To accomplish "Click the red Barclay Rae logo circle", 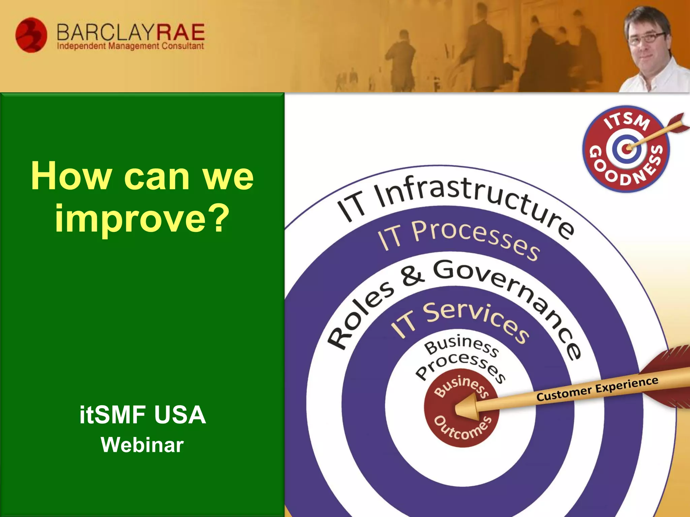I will (31, 35).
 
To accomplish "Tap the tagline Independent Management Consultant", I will (130, 46).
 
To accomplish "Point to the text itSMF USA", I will (143, 415).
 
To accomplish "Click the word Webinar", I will (142, 445).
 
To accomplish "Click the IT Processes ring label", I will (458, 237).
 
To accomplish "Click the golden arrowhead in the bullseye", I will (467, 408).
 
